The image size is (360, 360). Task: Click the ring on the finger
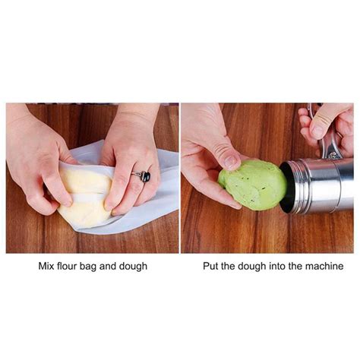[142, 175]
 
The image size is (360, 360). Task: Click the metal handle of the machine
[330, 141]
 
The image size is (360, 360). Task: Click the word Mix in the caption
[47, 267]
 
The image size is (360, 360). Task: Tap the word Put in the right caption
[210, 267]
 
